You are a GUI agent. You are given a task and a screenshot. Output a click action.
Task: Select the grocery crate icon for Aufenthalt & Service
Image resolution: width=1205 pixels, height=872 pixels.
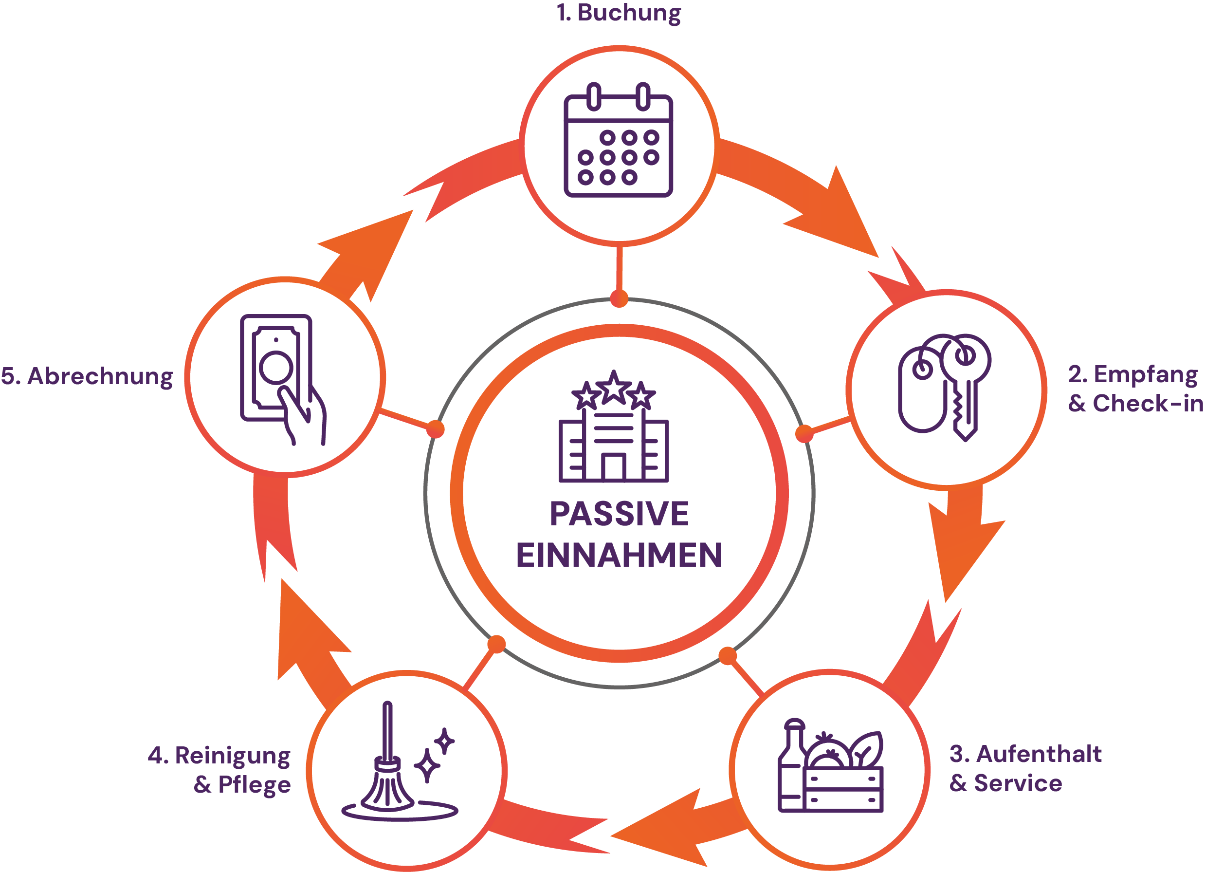(x=830, y=766)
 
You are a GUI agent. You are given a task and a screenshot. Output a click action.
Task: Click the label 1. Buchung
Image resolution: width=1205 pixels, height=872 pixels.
(x=619, y=13)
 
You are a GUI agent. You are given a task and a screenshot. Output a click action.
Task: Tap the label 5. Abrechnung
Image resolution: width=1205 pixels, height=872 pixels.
(x=87, y=377)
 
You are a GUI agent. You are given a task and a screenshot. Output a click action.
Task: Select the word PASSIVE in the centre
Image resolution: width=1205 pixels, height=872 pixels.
(x=619, y=514)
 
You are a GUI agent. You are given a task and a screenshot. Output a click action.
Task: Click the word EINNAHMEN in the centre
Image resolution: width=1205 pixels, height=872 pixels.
(x=619, y=556)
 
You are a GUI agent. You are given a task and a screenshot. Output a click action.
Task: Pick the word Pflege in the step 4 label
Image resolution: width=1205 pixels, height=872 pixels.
(x=254, y=785)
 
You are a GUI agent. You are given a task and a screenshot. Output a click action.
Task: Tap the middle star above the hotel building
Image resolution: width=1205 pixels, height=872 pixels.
(x=614, y=387)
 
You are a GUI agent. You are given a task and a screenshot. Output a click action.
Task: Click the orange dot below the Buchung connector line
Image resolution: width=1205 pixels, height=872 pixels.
(x=619, y=298)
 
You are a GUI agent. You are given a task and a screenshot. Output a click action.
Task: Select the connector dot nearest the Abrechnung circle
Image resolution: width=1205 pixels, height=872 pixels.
(x=436, y=429)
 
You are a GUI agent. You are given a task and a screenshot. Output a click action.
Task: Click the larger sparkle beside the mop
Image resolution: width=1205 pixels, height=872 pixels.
(x=427, y=766)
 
